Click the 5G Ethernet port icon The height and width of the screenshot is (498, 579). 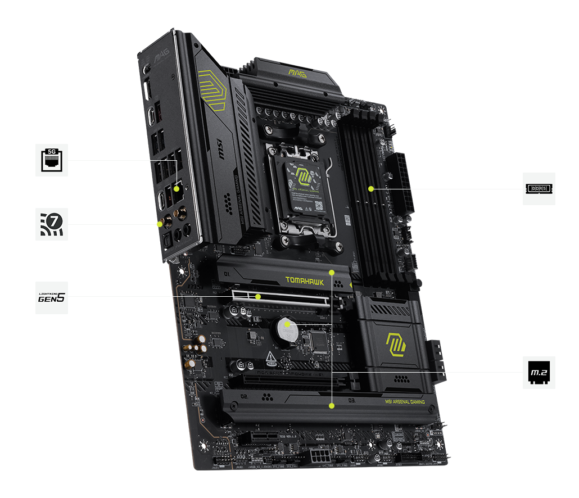coord(52,160)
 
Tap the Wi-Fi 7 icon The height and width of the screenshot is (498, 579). coord(52,224)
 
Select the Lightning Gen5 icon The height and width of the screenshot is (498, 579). coord(52,297)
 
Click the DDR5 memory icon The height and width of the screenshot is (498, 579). coord(539,189)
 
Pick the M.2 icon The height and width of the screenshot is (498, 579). coord(539,372)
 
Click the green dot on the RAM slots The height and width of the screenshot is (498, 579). coord(371,189)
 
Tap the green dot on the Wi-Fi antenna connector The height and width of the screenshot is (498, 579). coord(160,224)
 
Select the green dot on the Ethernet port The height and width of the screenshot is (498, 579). coord(177,189)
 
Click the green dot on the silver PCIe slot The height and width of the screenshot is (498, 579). coord(258,296)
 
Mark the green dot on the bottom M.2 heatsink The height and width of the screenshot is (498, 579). coord(332,404)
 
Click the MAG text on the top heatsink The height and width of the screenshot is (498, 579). coord(297,72)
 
